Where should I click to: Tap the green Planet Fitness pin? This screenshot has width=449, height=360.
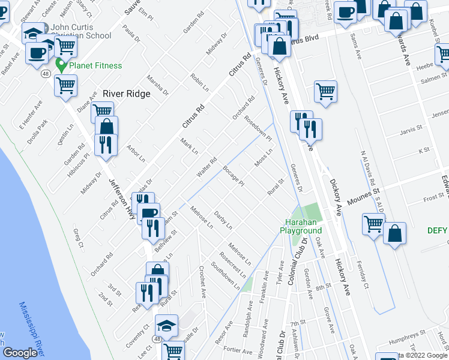60,64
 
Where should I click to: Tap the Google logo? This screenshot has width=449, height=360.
19,353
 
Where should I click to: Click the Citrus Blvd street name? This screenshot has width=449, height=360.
300,40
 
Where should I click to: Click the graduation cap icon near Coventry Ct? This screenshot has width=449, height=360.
166,325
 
